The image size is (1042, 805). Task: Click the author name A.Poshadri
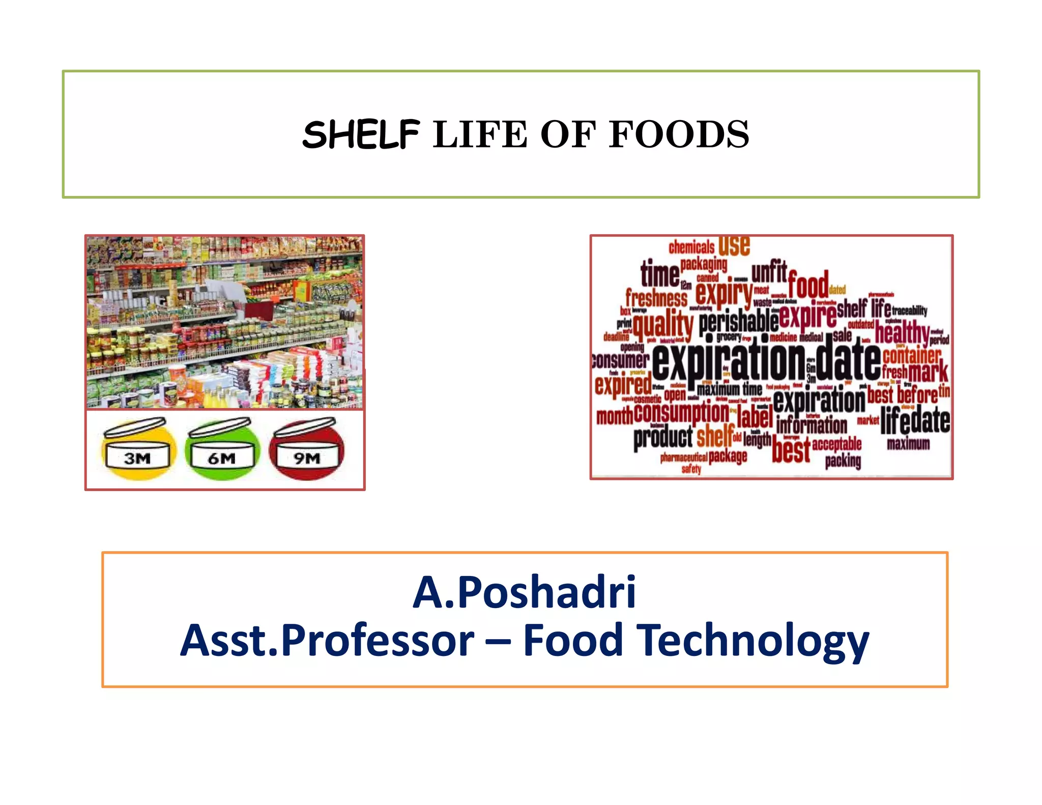click(524, 592)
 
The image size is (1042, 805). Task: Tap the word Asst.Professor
click(327, 641)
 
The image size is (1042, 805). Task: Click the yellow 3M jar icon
click(138, 450)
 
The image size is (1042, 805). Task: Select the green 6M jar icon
click(222, 450)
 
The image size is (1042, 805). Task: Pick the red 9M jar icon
click(307, 450)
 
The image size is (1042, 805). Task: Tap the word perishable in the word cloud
click(738, 322)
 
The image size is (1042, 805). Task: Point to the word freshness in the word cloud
click(656, 298)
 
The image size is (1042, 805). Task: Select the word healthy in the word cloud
click(902, 333)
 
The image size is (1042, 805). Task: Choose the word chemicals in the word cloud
click(691, 248)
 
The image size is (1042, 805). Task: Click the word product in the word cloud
click(663, 438)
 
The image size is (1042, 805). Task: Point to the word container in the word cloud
click(911, 355)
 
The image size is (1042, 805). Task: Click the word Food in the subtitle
click(573, 641)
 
